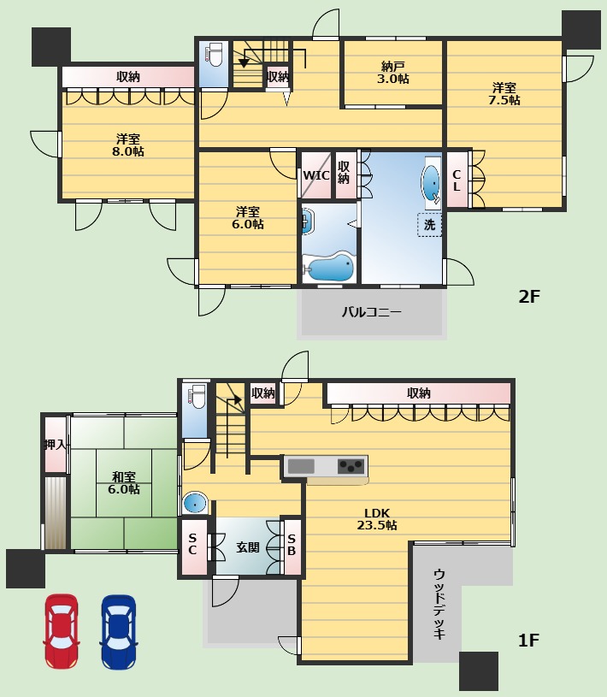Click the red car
62,631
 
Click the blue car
119,632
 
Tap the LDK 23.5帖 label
377,519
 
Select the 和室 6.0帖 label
123,483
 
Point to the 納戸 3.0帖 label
392,73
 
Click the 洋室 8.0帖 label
128,145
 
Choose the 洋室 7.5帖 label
504,94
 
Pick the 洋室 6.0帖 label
248,218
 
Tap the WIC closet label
316,175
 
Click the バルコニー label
372,311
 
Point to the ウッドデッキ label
439,604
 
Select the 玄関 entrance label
248,546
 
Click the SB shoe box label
292,545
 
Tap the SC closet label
192,544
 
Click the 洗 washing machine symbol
429,224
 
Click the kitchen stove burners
351,466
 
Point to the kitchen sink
301,466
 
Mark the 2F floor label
529,297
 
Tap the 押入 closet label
55,444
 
